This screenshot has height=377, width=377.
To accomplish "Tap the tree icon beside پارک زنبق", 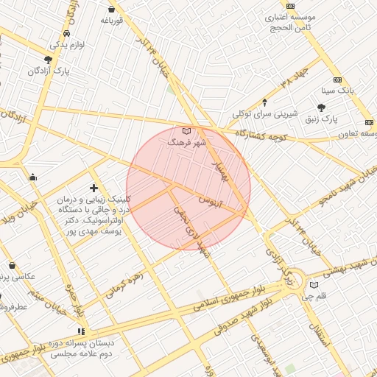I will click(321, 108).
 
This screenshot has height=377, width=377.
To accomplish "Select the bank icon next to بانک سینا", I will click(338, 80).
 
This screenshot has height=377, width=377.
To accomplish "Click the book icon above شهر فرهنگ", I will click(186, 130).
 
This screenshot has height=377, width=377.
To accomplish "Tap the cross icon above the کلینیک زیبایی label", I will click(94, 188).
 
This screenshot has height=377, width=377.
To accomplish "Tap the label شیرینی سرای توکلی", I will click(265, 114).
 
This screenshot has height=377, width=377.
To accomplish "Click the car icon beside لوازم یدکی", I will click(67, 34).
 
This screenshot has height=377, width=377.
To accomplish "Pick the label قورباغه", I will click(110, 21).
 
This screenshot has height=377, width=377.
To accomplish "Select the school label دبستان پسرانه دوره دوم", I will click(80, 348).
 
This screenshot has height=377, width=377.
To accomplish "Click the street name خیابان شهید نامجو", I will click(348, 186).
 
